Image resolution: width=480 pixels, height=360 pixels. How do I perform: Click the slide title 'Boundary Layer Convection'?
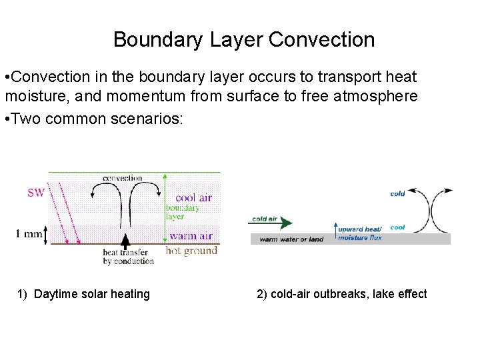(x=244, y=39)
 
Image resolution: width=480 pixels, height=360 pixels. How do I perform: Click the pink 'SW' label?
(x=36, y=193)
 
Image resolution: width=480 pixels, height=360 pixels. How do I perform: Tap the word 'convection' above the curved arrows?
(x=122, y=178)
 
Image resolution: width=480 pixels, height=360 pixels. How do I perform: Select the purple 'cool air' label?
(x=194, y=197)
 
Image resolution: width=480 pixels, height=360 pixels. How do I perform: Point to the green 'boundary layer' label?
(x=182, y=212)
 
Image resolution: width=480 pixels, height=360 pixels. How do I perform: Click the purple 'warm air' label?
(x=191, y=235)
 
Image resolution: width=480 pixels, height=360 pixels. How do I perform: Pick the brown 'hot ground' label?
(x=191, y=251)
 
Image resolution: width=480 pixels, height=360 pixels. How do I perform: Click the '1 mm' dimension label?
(x=29, y=233)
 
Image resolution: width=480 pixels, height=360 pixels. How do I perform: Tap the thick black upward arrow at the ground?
(x=124, y=241)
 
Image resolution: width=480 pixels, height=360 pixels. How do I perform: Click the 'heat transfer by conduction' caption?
(x=128, y=257)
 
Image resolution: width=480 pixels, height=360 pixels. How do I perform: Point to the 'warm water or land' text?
(x=291, y=239)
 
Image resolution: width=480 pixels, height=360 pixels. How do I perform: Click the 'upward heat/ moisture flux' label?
(x=360, y=233)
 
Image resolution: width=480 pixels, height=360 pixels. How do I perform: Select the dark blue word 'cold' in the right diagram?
(x=397, y=194)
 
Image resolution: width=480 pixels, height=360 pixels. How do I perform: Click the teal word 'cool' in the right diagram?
(x=397, y=227)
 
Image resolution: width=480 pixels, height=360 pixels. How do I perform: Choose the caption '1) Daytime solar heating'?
(x=84, y=294)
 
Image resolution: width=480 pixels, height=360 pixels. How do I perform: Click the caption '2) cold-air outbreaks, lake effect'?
(x=341, y=294)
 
